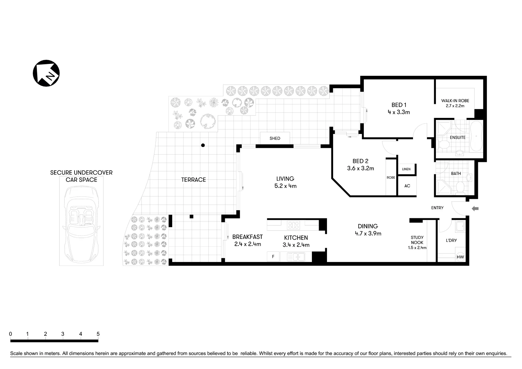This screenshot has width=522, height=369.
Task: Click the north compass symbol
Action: click(x=46, y=73)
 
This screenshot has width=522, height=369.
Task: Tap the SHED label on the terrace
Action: click(x=275, y=138)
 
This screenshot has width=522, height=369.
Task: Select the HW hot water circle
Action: click(x=460, y=257)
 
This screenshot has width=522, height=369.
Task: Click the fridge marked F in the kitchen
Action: click(x=273, y=257)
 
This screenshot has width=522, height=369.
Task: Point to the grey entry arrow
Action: click(x=475, y=209)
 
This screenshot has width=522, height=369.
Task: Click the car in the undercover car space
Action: click(x=81, y=224)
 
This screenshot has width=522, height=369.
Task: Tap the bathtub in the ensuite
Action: click(x=476, y=136)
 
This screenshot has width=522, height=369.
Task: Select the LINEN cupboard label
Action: click(x=406, y=169)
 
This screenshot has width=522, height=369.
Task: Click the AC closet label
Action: click(x=407, y=186)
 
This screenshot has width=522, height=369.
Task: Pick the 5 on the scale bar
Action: click(x=98, y=334)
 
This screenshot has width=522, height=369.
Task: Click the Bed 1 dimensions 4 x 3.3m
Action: click(x=399, y=112)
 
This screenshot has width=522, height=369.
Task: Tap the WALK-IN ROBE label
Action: click(x=455, y=101)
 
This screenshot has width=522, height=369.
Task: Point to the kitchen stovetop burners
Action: click(x=293, y=225)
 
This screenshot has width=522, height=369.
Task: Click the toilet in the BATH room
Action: click(x=460, y=187)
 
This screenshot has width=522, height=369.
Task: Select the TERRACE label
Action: click(x=193, y=180)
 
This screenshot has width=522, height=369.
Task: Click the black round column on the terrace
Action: click(x=203, y=145)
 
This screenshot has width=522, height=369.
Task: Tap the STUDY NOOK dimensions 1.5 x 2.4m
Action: click(x=417, y=248)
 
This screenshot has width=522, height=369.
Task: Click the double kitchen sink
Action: click(x=296, y=257)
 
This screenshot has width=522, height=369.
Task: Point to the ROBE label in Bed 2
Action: click(x=391, y=178)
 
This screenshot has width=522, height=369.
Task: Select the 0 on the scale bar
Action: click(x=11, y=334)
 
